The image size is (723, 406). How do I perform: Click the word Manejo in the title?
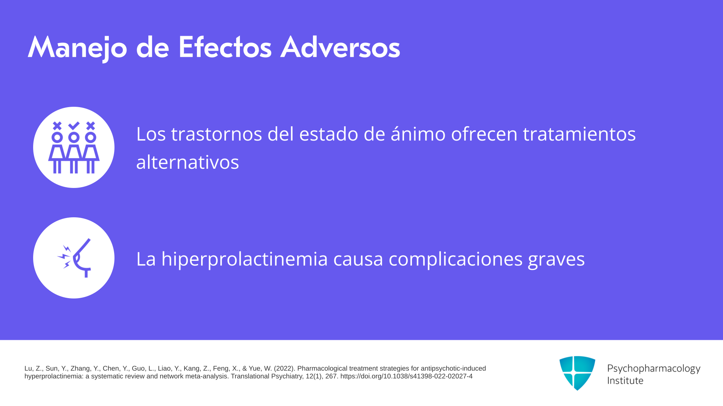click(x=78, y=48)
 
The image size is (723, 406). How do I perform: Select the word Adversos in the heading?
click(x=340, y=47)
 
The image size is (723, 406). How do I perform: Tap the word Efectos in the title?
click(x=225, y=47)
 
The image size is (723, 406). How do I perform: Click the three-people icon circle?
click(x=74, y=147)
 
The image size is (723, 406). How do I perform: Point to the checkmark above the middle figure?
click(x=74, y=125)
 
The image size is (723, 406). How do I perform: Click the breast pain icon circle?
click(x=74, y=258)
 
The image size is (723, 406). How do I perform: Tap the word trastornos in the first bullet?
click(x=217, y=134)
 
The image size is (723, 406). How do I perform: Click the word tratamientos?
click(x=579, y=134)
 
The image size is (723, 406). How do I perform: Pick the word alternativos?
click(x=188, y=162)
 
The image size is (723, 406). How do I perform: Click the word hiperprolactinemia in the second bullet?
click(x=245, y=259)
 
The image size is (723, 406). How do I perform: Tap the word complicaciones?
click(x=456, y=259)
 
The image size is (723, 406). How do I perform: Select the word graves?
click(x=557, y=260)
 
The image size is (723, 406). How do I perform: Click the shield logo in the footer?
click(x=577, y=373)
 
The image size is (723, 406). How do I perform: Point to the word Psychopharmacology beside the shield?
click(x=654, y=369)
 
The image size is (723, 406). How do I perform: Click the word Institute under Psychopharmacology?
click(x=625, y=380)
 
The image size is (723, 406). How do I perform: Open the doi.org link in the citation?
click(x=406, y=376)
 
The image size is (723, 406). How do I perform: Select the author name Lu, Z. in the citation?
click(x=33, y=368)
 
